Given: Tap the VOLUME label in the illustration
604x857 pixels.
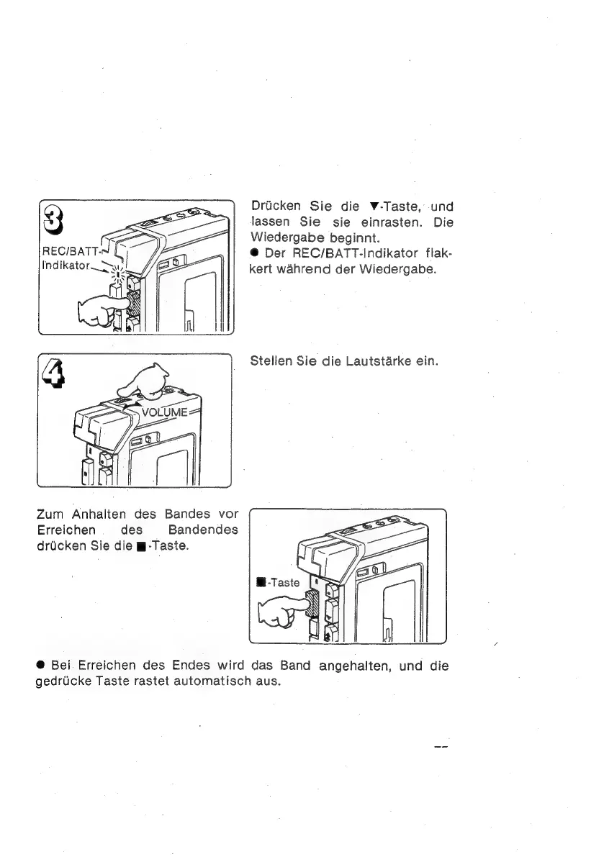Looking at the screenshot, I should pos(165,412).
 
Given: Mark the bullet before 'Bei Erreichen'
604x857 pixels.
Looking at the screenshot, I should pos(40,666).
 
